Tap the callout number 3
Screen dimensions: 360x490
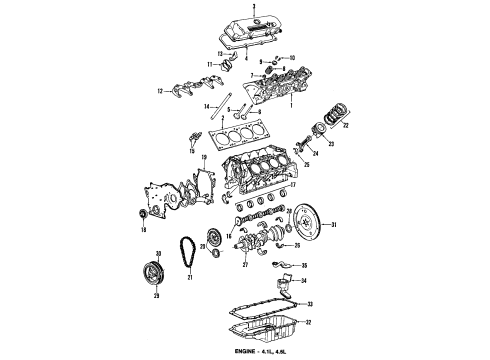coord(255,7)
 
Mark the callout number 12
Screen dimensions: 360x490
coord(158,93)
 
